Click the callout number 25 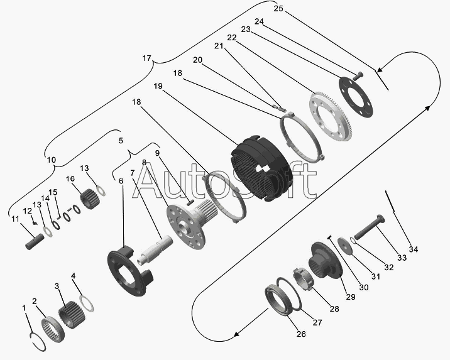tap(278, 8)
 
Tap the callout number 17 tap(146, 58)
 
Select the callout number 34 tap(413, 249)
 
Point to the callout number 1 tap(24, 308)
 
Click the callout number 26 tap(300, 334)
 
